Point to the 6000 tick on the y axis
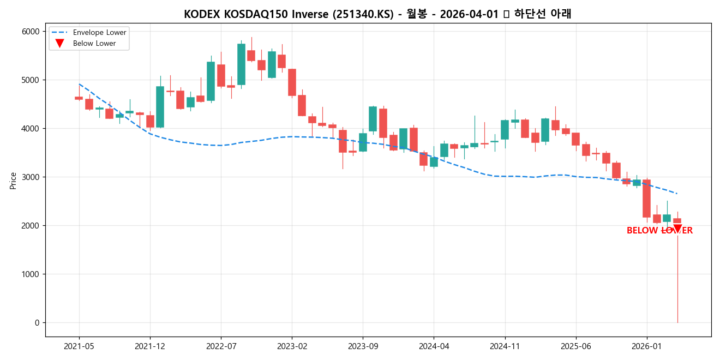31,32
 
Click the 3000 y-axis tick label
31,177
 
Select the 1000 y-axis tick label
31,274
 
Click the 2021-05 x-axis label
79,346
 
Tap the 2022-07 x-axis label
221,346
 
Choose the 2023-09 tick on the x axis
363,346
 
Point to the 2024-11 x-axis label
505,346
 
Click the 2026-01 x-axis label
646,346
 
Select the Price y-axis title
13,181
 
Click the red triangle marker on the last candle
677,229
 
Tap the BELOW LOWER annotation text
659,231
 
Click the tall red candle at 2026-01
646,199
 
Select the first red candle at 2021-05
79,98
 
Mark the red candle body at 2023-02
292,82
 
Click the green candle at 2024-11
505,130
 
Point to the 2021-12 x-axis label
150,346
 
